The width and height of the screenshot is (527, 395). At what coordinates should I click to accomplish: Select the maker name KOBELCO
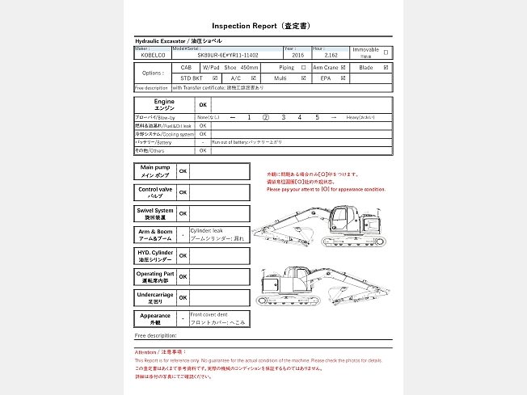153,56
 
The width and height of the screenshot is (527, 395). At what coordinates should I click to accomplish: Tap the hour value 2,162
319,56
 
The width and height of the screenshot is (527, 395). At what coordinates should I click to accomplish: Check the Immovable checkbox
386,53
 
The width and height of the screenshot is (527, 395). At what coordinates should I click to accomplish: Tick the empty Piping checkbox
303,68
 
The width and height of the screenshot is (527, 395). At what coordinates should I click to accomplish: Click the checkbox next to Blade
386,68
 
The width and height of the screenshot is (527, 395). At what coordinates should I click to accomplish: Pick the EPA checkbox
344,78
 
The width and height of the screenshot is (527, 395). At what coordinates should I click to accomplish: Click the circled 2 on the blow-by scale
266,117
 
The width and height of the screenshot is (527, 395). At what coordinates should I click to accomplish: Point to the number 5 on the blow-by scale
317,117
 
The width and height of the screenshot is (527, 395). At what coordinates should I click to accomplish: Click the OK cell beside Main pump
183,171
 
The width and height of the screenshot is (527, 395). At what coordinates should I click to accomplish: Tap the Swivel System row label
155,213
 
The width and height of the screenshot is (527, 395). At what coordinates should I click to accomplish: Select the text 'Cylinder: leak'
208,231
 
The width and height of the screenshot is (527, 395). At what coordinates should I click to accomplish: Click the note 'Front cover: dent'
211,314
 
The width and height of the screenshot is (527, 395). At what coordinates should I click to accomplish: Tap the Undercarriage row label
155,297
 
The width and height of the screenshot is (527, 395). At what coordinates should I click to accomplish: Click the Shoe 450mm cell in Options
242,68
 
